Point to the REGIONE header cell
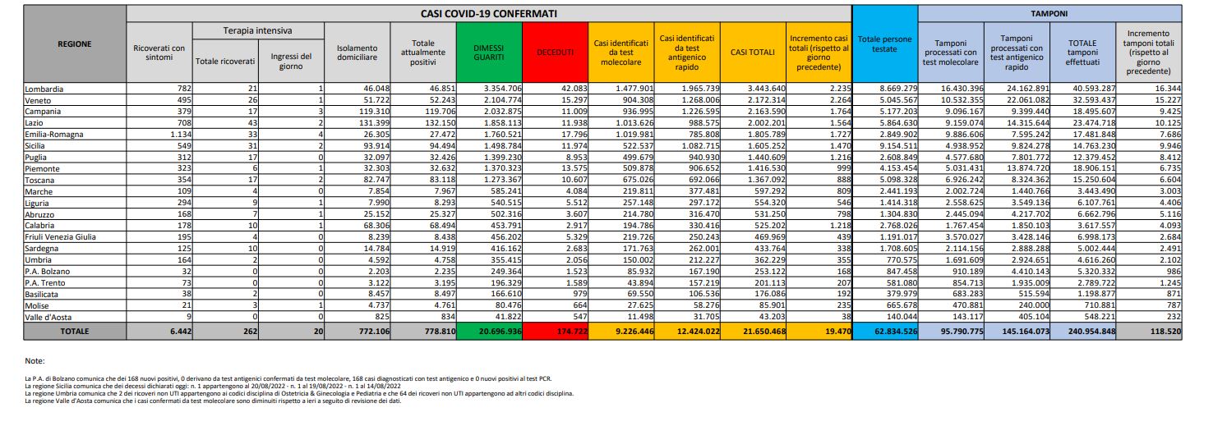(75, 44)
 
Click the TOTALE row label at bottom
(75, 331)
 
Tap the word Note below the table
(34, 360)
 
